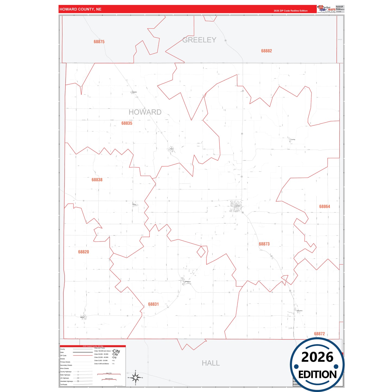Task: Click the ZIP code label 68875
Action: click(x=99, y=42)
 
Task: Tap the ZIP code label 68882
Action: click(x=266, y=51)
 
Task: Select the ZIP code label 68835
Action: click(x=127, y=123)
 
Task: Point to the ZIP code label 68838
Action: click(x=97, y=180)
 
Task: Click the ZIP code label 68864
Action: click(x=324, y=207)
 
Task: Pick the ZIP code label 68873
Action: click(x=264, y=244)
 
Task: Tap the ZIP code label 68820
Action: click(x=83, y=252)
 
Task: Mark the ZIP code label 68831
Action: click(x=153, y=304)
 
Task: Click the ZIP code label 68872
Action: click(x=319, y=334)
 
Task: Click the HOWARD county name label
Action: click(x=145, y=112)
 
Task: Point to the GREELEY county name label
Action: click(x=199, y=40)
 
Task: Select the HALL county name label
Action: click(x=211, y=363)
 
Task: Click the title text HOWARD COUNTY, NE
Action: click(x=80, y=9)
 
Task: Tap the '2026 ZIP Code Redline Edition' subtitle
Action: click(x=291, y=11)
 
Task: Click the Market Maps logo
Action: click(x=326, y=9)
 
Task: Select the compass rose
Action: click(x=135, y=377)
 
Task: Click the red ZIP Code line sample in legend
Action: click(x=83, y=355)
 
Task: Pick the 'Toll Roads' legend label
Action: click(x=64, y=384)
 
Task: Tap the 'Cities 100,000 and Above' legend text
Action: click(x=102, y=351)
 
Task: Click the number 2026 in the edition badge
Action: click(x=317, y=357)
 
